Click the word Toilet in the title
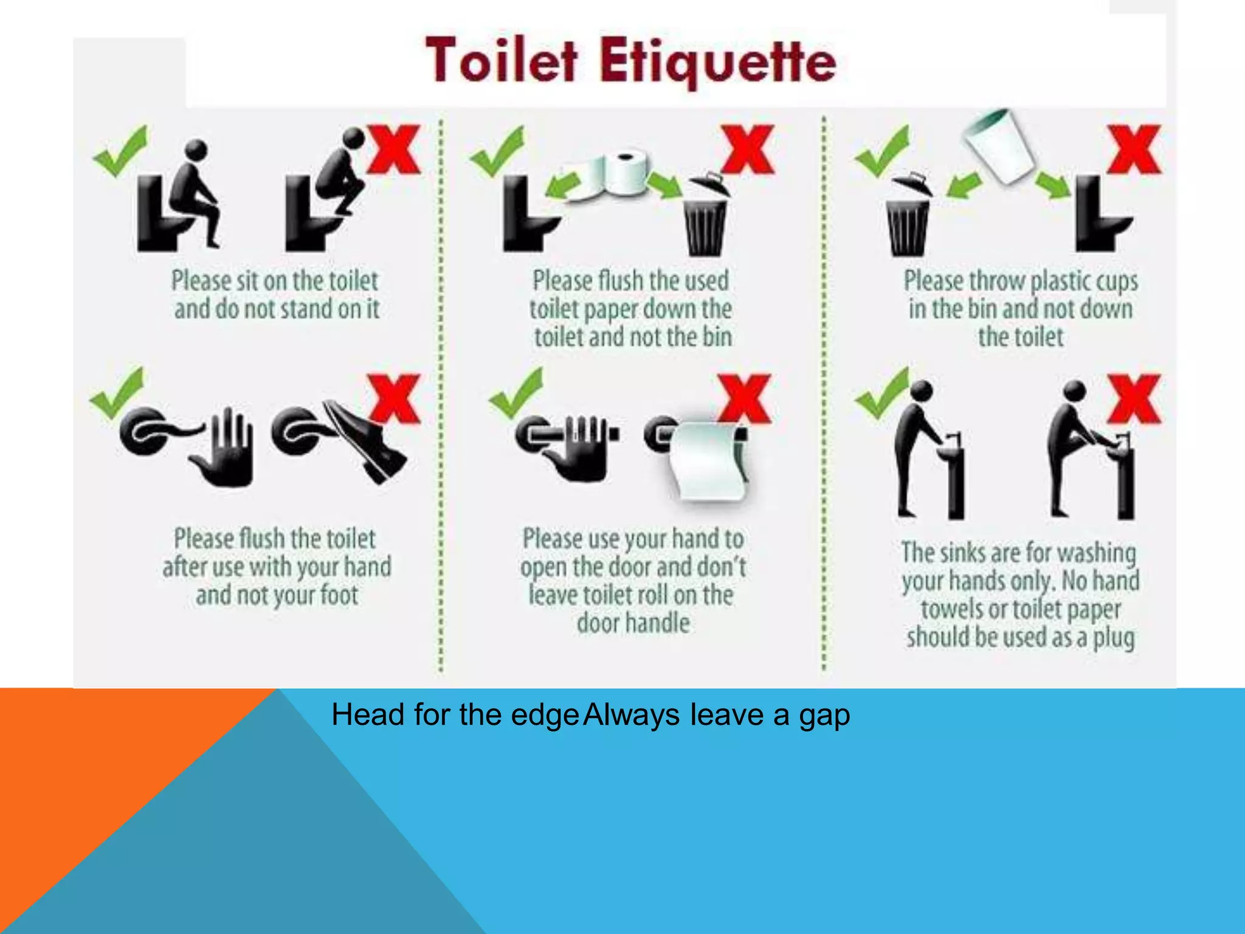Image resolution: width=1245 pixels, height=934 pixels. click(502, 61)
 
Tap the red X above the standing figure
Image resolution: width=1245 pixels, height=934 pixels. click(394, 150)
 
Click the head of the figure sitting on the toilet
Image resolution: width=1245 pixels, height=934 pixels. click(196, 150)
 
